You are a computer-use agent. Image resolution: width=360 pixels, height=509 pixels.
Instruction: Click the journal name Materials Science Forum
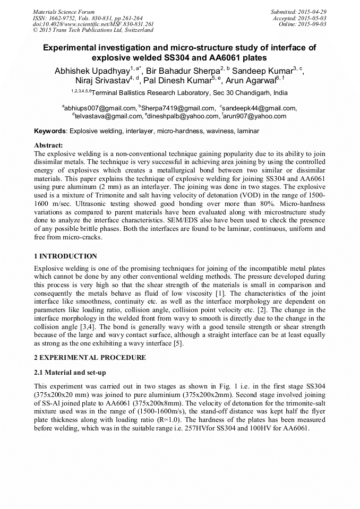(64, 12)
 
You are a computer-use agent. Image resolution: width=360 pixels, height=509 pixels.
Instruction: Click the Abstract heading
(48, 145)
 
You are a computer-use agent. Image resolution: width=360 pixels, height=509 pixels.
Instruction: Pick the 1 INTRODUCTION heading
(65, 256)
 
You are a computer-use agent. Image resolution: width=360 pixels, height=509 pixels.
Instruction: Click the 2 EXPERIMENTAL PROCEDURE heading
(90, 357)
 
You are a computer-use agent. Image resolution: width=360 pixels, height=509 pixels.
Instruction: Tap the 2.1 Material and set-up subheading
(70, 373)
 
